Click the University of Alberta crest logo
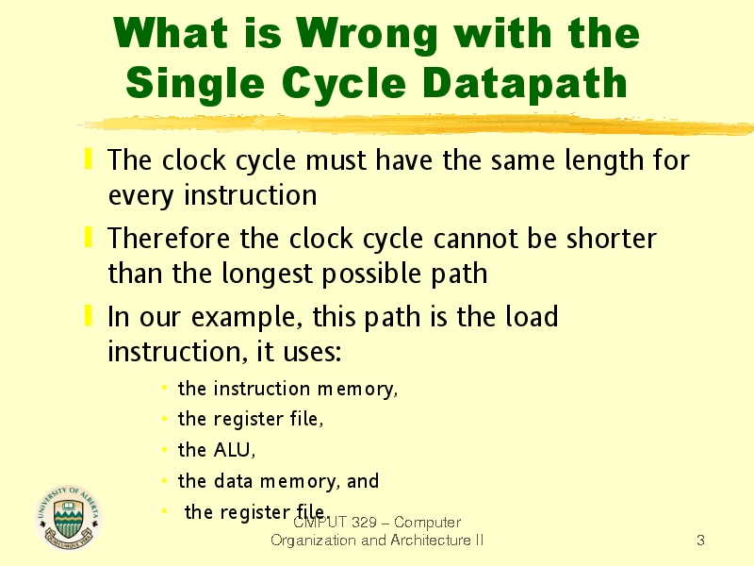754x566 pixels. pyautogui.click(x=68, y=518)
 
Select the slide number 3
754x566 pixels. pyautogui.click(x=700, y=540)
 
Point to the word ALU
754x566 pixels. pyautogui.click(x=234, y=450)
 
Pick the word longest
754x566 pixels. pyautogui.click(x=267, y=275)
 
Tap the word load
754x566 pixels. pyautogui.click(x=532, y=316)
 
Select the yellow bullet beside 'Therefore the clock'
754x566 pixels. pyautogui.click(x=88, y=238)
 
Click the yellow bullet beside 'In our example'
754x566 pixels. pyautogui.click(x=88, y=315)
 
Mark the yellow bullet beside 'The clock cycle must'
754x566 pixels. pyautogui.click(x=88, y=158)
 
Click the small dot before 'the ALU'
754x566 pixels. pyautogui.click(x=164, y=450)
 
